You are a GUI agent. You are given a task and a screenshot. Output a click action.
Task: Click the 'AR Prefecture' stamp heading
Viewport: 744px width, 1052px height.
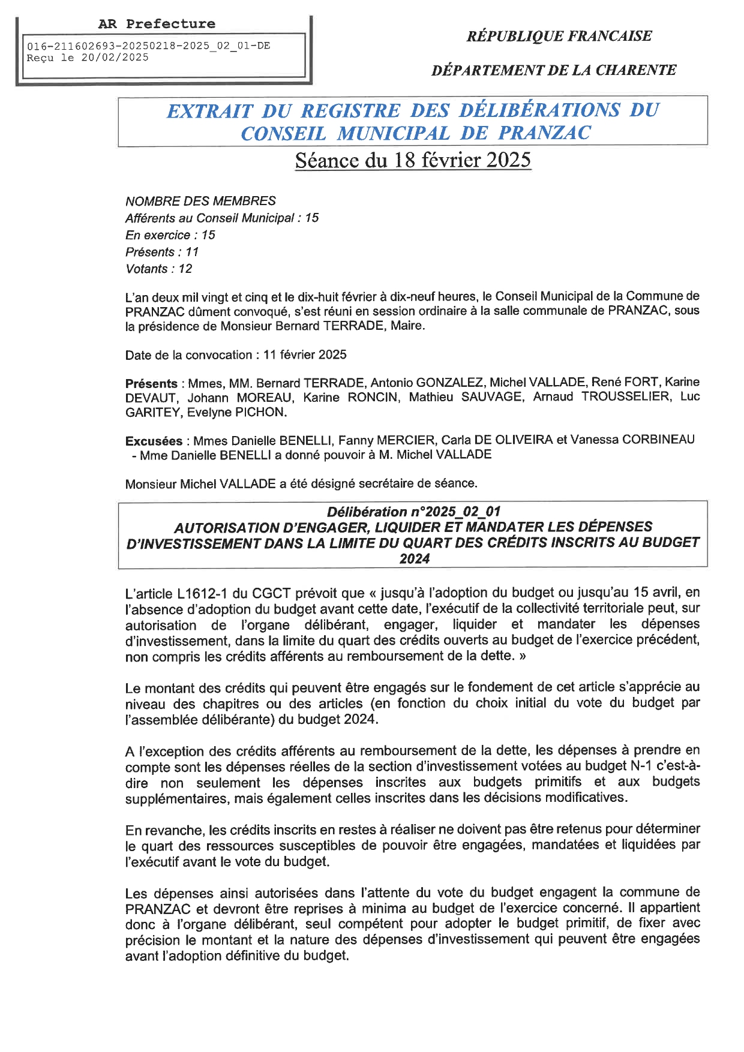tap(157, 24)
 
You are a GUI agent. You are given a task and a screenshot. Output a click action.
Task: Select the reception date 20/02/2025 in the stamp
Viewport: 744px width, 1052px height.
tap(115, 58)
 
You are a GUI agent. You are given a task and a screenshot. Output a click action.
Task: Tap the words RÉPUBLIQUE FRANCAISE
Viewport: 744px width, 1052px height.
tap(559, 36)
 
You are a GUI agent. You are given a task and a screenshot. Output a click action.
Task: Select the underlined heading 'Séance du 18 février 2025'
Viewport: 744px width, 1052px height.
tap(413, 160)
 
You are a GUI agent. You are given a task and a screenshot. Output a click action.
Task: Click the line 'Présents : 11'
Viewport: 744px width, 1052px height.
tap(162, 252)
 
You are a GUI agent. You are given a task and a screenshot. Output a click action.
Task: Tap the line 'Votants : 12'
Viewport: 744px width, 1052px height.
tap(159, 269)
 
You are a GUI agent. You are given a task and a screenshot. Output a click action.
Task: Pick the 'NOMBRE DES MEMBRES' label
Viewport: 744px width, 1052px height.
tap(200, 201)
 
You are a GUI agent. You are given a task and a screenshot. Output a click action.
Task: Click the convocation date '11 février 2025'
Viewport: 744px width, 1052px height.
tap(305, 354)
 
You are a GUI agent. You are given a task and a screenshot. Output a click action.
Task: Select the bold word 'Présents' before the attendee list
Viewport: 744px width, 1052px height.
tap(151, 383)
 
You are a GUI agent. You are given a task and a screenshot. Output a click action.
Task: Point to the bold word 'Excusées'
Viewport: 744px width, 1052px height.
tap(154, 441)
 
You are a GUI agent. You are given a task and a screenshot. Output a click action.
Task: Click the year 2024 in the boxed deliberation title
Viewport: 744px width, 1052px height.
tap(415, 558)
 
